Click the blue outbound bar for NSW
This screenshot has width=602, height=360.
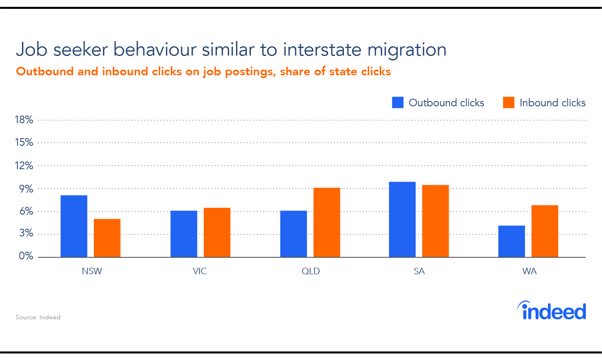(x=74, y=226)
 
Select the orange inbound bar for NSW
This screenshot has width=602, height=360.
(x=107, y=238)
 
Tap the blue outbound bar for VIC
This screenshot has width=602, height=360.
(x=184, y=234)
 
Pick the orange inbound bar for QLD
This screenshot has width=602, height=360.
(x=327, y=222)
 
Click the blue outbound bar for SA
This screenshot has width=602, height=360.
(x=402, y=219)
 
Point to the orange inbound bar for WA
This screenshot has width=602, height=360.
(x=545, y=231)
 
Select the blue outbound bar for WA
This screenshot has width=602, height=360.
(x=512, y=242)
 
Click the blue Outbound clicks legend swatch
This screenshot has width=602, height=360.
(x=398, y=102)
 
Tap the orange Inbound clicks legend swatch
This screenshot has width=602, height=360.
(x=509, y=102)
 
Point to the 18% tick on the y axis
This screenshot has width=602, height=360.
(x=24, y=120)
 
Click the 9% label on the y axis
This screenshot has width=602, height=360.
(x=26, y=189)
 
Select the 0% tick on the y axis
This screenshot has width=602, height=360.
(x=26, y=256)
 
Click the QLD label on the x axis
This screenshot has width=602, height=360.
(x=311, y=271)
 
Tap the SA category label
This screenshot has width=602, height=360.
(x=419, y=271)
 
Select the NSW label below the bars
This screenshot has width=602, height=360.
(x=92, y=271)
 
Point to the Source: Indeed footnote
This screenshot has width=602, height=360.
(x=38, y=317)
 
